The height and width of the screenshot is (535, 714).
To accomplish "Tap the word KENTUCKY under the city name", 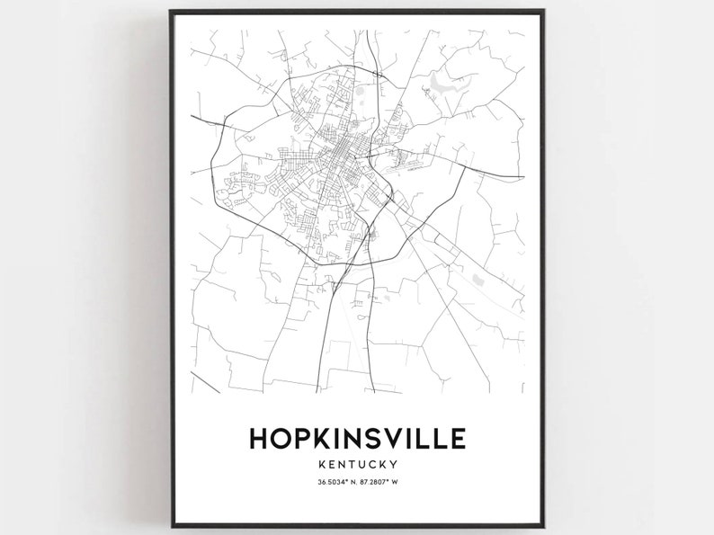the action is (x=357, y=464).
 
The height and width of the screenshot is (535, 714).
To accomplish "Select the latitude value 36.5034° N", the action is (x=335, y=484).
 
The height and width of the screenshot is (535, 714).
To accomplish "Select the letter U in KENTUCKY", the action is (x=362, y=464).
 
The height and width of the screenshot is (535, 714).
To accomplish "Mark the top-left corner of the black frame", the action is (x=171, y=11).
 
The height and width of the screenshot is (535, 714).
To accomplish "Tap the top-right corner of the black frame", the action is (x=544, y=11).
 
